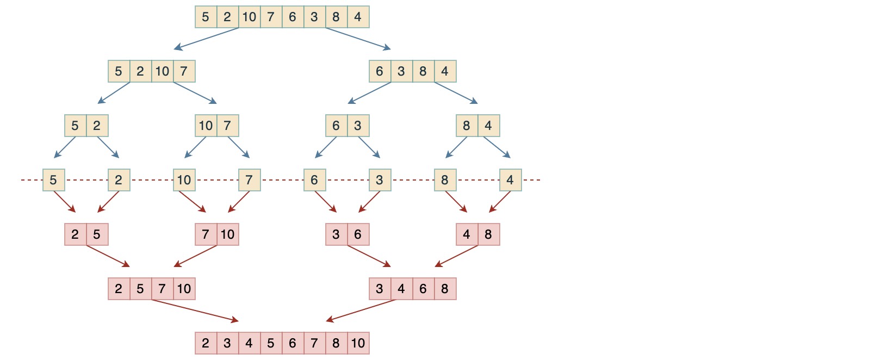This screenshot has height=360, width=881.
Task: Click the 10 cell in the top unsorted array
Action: pyautogui.click(x=249, y=17)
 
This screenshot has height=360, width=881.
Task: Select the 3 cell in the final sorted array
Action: pyautogui.click(x=227, y=343)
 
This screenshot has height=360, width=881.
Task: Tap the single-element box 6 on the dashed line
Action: pyautogui.click(x=314, y=180)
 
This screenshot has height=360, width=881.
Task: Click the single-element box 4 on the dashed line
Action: pyautogui.click(x=510, y=180)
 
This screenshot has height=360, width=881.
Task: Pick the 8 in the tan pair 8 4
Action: pyautogui.click(x=467, y=126)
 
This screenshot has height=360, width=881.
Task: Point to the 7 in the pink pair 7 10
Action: pyautogui.click(x=206, y=234)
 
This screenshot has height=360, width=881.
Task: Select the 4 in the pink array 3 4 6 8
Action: pyautogui.click(x=401, y=289)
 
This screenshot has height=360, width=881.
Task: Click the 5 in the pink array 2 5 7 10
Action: pyautogui.click(x=140, y=289)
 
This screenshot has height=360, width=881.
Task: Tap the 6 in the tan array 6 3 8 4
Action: pyautogui.click(x=380, y=71)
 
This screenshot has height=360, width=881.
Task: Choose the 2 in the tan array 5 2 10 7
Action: pyautogui.click(x=140, y=71)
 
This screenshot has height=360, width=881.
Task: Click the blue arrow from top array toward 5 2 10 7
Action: pyautogui.click(x=207, y=39)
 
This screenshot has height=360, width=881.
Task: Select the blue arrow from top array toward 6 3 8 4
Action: pyautogui.click(x=358, y=39)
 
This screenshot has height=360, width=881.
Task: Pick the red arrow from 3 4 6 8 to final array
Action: pyautogui.click(x=361, y=311)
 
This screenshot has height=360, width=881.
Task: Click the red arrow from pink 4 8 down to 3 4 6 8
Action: pyautogui.click(x=457, y=256)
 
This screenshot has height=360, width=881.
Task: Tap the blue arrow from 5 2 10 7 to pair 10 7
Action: pyautogui.click(x=195, y=93)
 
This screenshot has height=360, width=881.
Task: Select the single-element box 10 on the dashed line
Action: pyautogui.click(x=184, y=180)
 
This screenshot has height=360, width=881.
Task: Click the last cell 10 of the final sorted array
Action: pyautogui.click(x=358, y=343)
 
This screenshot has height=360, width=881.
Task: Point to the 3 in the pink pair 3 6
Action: pyautogui.click(x=336, y=234)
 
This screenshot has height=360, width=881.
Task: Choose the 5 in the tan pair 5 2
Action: pyautogui.click(x=75, y=126)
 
